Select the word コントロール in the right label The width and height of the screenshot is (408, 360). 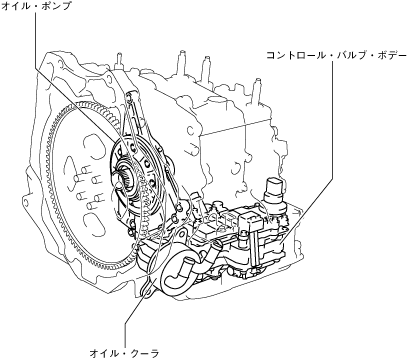tap(291, 55)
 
